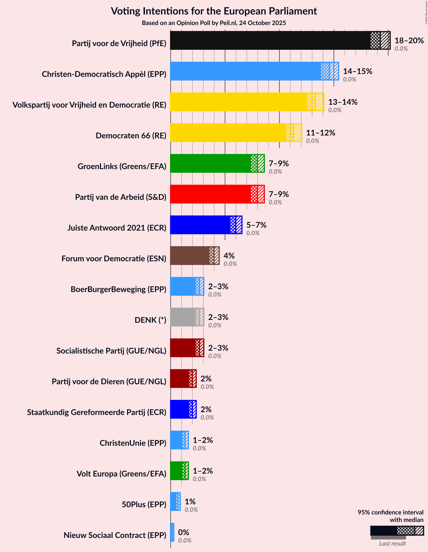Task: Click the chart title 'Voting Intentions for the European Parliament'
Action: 214,11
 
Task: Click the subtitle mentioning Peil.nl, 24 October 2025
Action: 214,23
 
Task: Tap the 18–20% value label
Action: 409,40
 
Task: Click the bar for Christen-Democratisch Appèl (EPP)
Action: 245,71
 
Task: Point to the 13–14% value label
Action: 343,102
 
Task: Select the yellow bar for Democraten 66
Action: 228,133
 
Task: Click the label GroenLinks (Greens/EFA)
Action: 122,166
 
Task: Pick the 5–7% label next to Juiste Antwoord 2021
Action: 256,225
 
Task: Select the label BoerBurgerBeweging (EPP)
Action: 118,289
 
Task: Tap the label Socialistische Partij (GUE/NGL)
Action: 111,351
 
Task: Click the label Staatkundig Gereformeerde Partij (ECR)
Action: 97,412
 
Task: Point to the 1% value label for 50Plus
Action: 190,501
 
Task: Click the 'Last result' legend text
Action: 392,543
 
